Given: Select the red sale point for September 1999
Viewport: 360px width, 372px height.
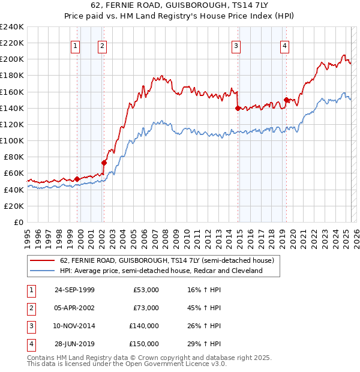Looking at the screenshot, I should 77,178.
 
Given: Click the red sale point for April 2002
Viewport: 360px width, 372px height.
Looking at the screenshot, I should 104,162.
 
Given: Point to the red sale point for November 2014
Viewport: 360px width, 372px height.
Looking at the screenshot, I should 238,108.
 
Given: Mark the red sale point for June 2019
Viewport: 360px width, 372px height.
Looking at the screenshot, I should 286,100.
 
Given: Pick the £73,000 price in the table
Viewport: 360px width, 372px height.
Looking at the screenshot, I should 145,308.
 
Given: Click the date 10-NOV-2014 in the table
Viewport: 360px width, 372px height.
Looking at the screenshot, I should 74,326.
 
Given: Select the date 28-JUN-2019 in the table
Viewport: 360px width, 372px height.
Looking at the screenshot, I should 74,344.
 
